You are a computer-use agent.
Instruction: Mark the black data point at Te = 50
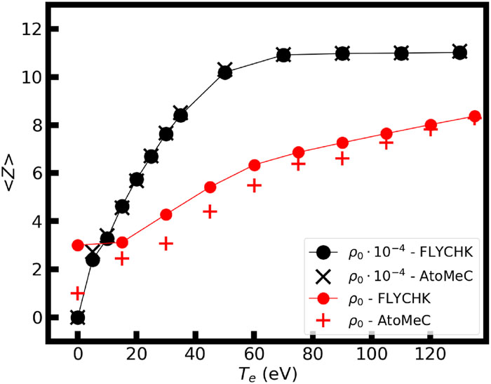click(x=224, y=72)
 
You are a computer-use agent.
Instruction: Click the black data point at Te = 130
click(x=459, y=53)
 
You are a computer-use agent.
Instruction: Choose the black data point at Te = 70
click(x=283, y=55)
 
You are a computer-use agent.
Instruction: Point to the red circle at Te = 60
click(x=254, y=165)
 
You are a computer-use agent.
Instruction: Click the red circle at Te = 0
click(x=78, y=245)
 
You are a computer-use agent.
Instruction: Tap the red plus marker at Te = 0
click(x=78, y=293)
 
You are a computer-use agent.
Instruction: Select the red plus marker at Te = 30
click(x=166, y=244)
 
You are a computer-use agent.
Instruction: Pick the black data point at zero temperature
click(x=78, y=317)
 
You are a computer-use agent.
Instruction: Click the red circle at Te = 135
click(x=474, y=117)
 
